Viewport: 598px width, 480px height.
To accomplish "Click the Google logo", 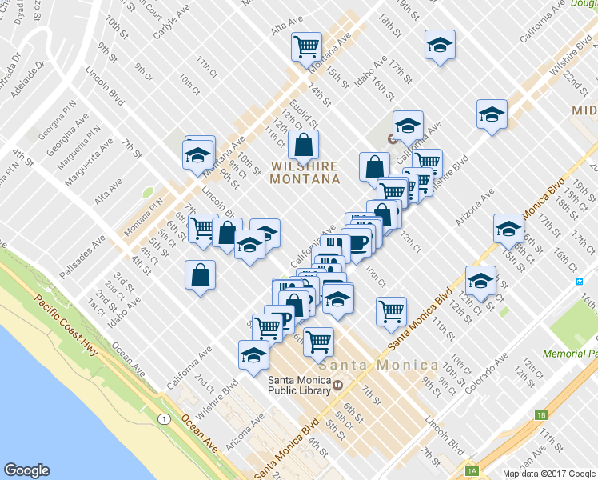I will pos(27,470).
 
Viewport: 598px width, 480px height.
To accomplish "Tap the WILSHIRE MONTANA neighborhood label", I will pos(304,173).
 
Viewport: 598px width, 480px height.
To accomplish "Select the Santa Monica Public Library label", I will pos(299,386).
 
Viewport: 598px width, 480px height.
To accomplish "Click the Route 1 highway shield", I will pos(164,418).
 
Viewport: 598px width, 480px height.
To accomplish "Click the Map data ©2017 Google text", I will pos(548,474).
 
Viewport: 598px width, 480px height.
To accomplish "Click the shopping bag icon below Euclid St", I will pos(304,146).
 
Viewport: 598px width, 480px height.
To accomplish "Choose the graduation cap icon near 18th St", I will pos(440,45).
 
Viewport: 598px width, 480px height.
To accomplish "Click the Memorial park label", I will pos(569,353).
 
